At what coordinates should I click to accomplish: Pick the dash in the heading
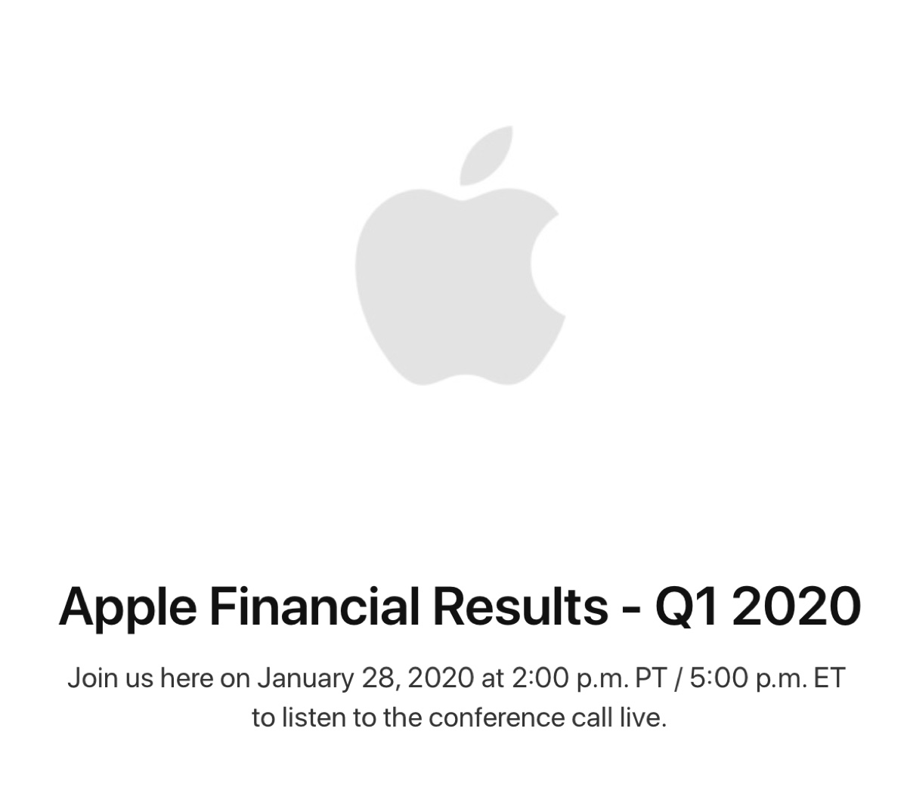tap(637, 609)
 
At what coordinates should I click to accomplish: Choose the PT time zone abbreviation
tap(650, 678)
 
